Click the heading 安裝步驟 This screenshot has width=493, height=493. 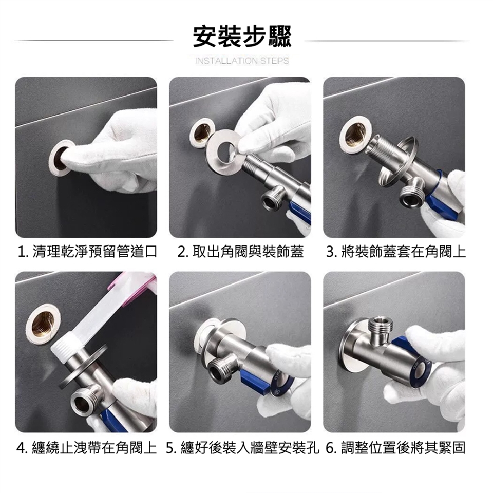[242, 36]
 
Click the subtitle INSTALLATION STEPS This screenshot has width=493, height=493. [242, 61]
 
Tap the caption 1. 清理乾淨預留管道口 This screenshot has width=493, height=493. [87, 252]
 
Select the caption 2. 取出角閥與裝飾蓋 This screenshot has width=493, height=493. [240, 252]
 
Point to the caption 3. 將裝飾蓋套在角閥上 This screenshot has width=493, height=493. [395, 252]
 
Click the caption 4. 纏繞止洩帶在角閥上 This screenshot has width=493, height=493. [86, 448]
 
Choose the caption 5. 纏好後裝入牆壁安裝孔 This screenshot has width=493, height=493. [242, 448]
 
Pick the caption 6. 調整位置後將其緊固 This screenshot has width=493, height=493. [395, 448]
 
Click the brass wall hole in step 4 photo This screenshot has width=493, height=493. [43, 324]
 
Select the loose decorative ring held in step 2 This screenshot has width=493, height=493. [223, 147]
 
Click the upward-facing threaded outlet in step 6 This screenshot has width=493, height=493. [380, 329]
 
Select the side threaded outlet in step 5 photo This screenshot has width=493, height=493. [219, 369]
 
